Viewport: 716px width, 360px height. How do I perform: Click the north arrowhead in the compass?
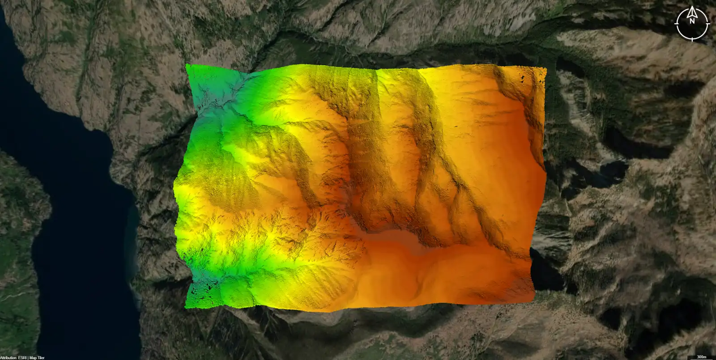pos(692,10)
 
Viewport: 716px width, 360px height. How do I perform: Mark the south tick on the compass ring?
pos(692,38)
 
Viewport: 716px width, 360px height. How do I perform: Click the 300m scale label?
pos(702,356)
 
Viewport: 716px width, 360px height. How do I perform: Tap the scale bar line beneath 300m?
pos(702,359)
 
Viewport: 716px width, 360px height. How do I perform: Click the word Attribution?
pos(9,358)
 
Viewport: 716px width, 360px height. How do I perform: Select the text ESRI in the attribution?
pos(23,358)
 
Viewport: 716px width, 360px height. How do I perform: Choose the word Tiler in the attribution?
pos(41,358)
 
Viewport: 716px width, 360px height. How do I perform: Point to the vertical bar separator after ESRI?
pos(29,358)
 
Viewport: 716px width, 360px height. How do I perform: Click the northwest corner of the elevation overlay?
pos(187,65)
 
